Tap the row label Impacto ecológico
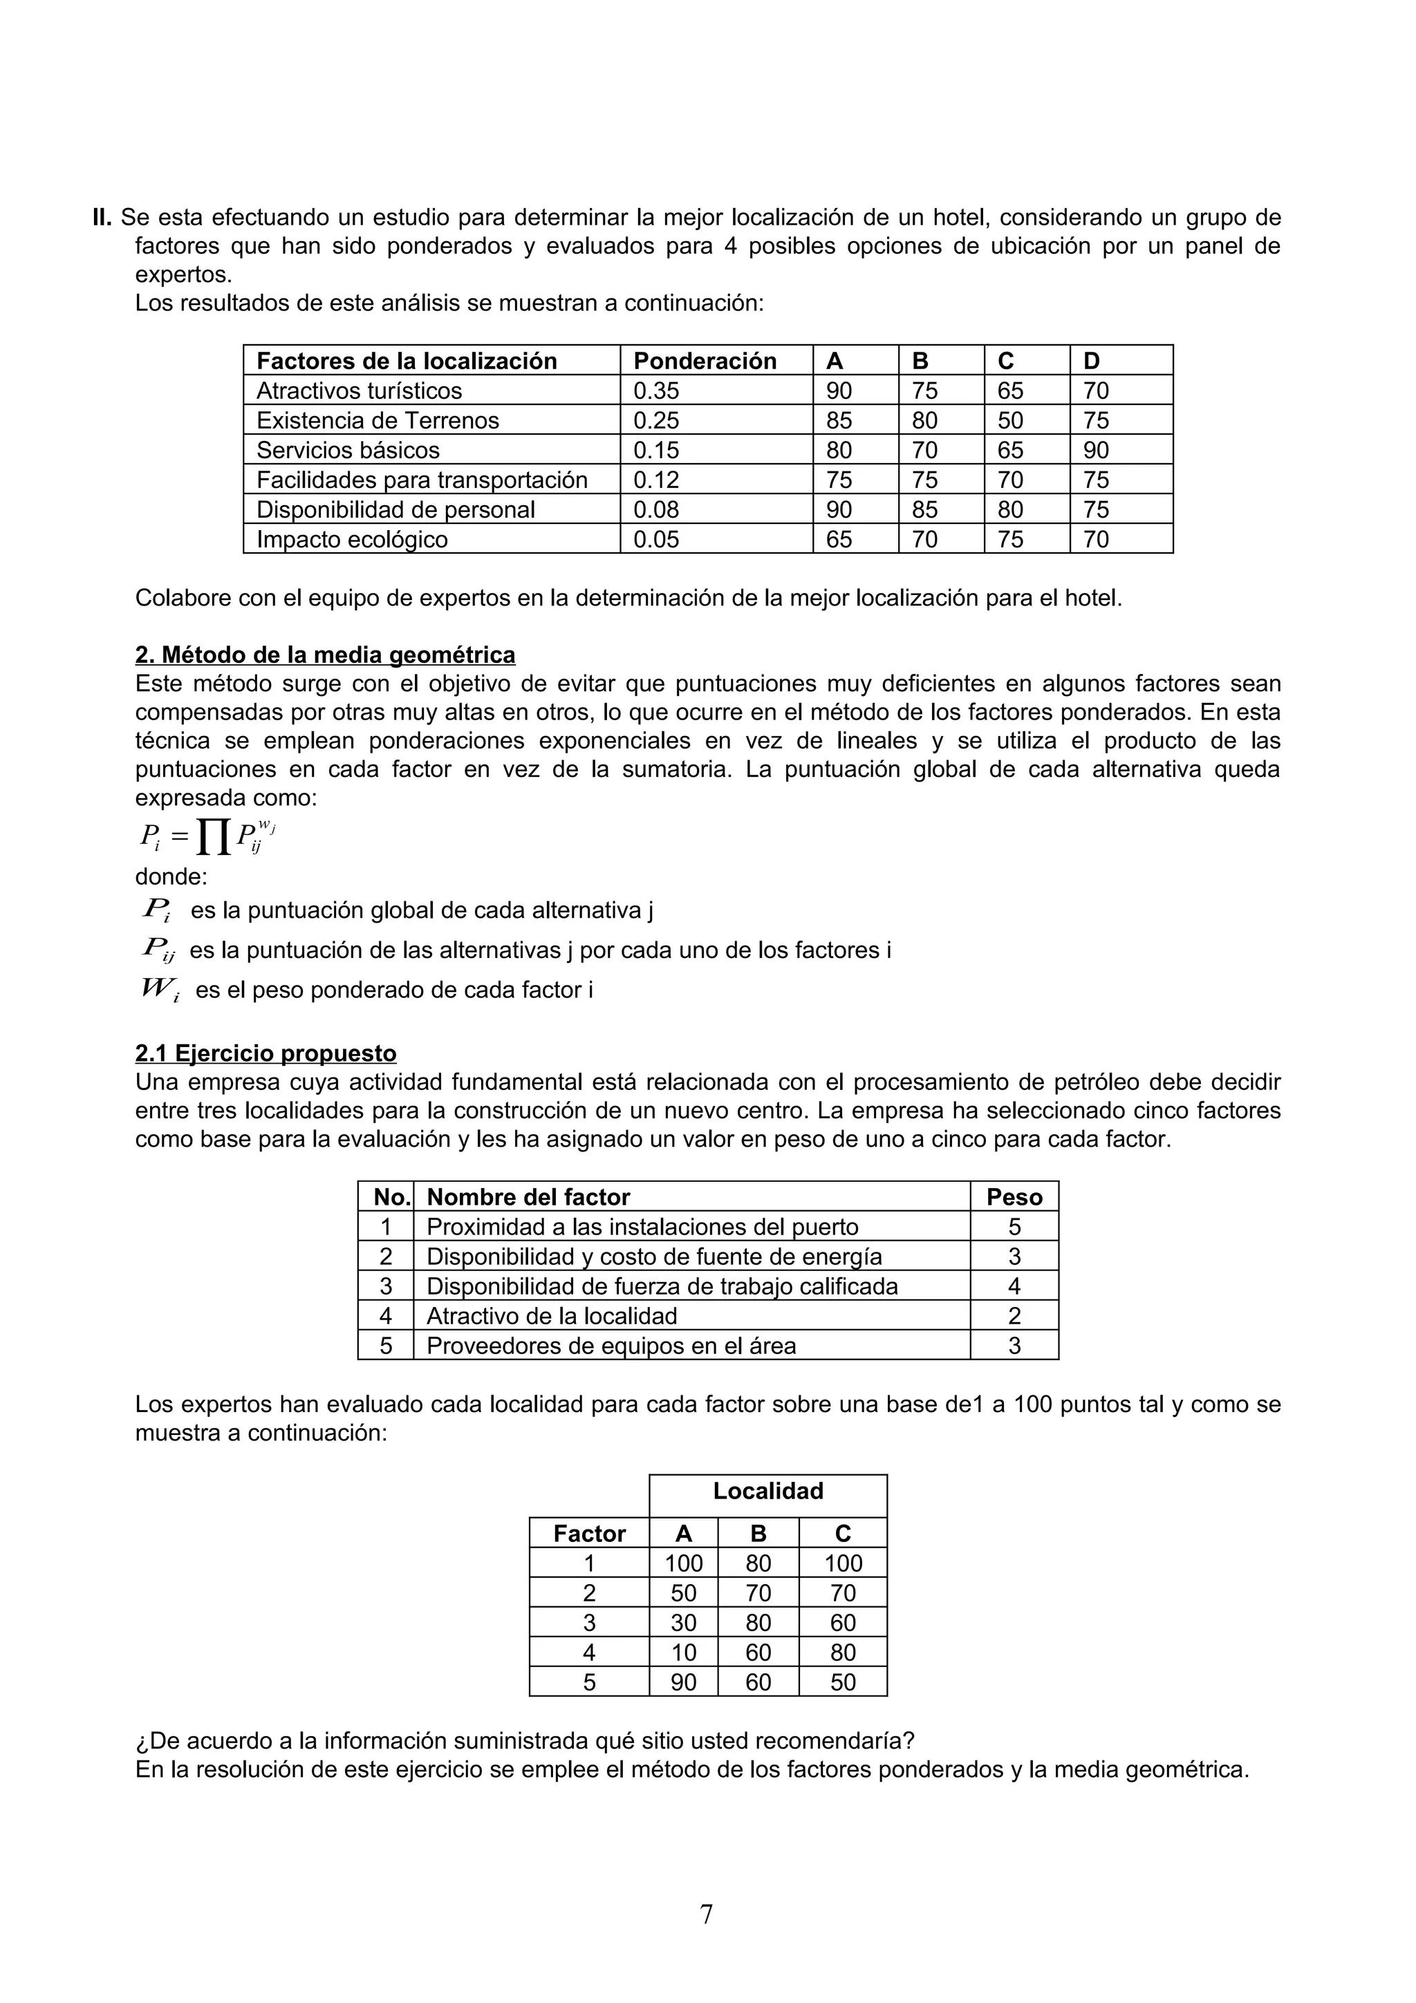coord(352,539)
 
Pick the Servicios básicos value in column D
coord(1096,450)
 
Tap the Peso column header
coord(1014,1197)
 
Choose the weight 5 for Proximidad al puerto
coord(1014,1227)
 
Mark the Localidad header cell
coord(767,1490)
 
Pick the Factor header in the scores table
coord(589,1534)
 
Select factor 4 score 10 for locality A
coord(683,1653)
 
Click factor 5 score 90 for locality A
coord(683,1682)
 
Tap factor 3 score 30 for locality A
coord(683,1623)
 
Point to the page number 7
coord(706,1914)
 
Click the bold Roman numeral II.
coord(102,217)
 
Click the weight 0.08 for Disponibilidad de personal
coord(655,509)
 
